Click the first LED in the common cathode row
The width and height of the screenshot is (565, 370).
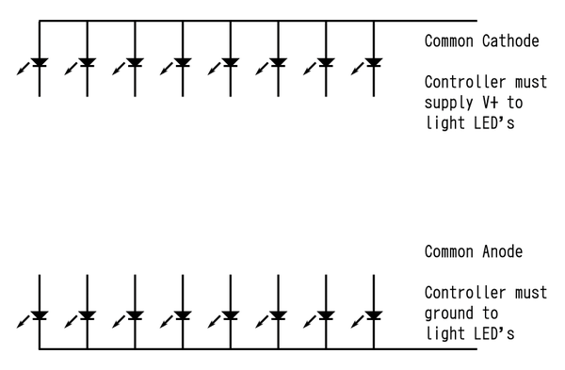point(40,64)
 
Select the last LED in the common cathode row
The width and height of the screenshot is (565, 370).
point(374,64)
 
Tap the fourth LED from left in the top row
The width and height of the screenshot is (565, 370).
point(183,64)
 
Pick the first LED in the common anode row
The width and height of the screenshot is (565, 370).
point(40,315)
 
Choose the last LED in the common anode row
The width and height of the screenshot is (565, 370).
point(374,315)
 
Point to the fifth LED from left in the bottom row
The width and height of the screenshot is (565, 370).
point(231,315)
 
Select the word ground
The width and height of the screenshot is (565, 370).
point(448,313)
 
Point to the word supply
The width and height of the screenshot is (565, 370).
point(448,103)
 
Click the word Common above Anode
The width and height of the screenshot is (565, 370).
point(448,251)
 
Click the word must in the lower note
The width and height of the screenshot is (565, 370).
point(529,292)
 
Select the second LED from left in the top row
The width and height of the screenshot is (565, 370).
point(88,64)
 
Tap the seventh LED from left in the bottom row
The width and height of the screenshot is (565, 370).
point(326,315)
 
